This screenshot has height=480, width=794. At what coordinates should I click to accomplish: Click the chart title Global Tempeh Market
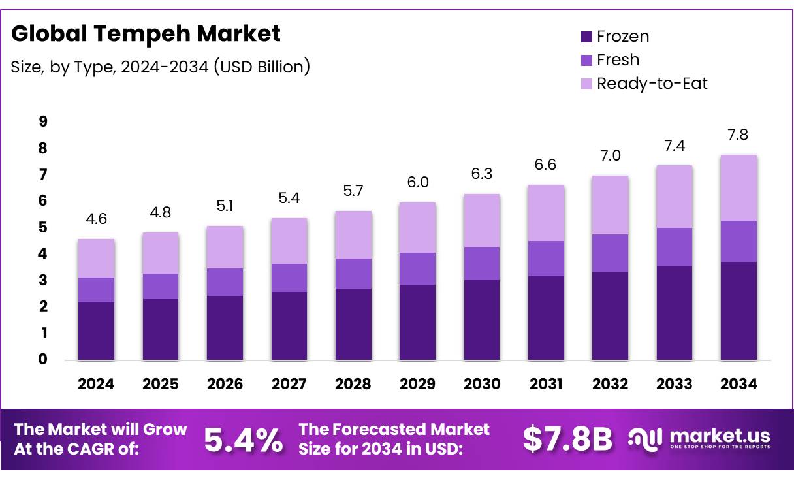(146, 33)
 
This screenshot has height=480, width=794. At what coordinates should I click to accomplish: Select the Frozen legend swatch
(586, 37)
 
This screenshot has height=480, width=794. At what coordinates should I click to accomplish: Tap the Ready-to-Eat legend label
(652, 84)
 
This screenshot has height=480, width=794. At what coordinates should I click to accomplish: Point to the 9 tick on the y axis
(43, 121)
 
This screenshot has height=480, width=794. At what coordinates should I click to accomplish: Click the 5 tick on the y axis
(43, 227)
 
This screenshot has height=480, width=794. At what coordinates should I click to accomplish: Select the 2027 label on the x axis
(289, 384)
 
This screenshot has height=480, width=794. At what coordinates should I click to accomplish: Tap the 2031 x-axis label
(545, 384)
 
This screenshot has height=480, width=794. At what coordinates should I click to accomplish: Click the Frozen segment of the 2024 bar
(96, 330)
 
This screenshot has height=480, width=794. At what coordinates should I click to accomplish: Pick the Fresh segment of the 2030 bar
(481, 263)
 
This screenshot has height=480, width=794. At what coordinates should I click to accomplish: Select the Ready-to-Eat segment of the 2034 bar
(738, 187)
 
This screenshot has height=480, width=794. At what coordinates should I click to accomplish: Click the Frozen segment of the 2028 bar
(353, 324)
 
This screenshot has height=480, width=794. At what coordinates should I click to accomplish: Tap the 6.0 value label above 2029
(417, 183)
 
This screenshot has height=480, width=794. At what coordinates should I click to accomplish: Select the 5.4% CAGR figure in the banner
(244, 440)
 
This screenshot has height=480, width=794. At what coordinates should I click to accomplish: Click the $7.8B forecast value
(567, 440)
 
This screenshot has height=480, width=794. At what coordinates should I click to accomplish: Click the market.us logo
(699, 438)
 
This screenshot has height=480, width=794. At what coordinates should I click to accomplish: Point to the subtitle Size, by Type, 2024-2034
(161, 66)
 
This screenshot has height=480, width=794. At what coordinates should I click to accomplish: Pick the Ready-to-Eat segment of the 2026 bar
(225, 247)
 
